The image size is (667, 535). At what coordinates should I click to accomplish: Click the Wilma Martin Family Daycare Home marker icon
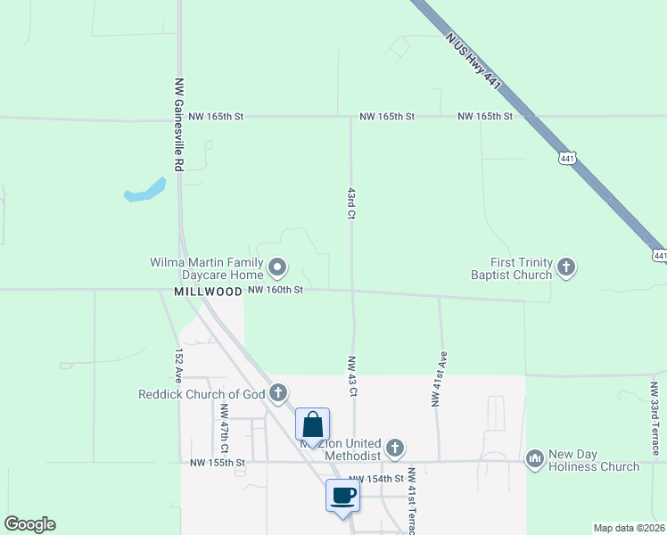(x=277, y=267)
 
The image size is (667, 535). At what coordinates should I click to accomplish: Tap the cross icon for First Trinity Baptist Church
(x=565, y=267)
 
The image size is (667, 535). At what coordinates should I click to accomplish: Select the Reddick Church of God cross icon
(x=278, y=392)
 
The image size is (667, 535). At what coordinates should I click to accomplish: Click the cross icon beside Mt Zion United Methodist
(x=395, y=448)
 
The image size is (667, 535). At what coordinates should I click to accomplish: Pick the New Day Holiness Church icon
(x=535, y=459)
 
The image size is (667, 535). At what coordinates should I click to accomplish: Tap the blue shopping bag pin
(x=312, y=425)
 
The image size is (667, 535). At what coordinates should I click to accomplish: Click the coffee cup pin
(x=342, y=496)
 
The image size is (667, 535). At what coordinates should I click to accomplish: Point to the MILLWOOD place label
(x=208, y=292)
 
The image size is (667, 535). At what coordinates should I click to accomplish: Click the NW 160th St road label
(x=276, y=290)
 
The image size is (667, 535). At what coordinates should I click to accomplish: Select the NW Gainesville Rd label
(x=178, y=124)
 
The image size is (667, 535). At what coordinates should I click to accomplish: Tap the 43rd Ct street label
(x=351, y=203)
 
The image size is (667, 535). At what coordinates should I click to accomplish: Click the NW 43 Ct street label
(x=352, y=377)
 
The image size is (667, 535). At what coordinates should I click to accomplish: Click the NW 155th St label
(x=217, y=463)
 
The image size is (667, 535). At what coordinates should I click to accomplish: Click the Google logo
(x=29, y=524)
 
